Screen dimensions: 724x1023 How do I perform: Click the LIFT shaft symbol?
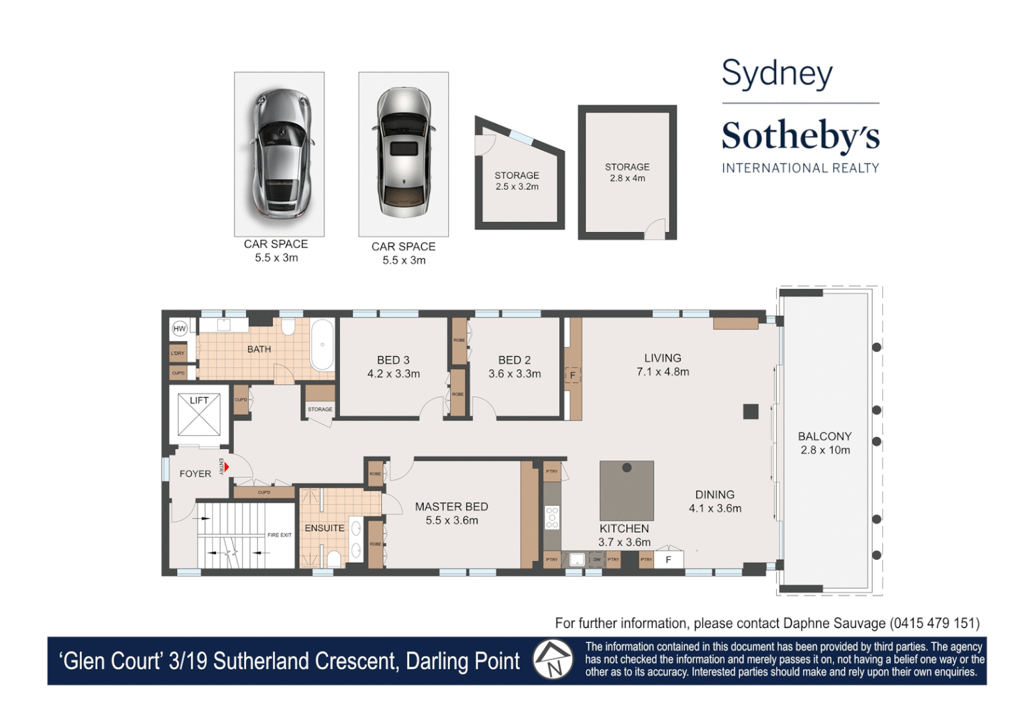199,415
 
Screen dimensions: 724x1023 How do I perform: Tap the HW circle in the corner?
180,328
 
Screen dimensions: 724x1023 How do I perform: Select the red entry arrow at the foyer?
227,467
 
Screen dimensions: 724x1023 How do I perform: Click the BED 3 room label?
393,360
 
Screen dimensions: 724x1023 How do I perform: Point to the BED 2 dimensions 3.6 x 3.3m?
515,374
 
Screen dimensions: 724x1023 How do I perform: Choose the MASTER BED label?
451,507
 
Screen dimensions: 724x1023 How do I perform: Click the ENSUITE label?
325,528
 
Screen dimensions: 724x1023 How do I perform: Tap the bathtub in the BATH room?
323,345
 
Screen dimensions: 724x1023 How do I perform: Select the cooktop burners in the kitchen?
552,518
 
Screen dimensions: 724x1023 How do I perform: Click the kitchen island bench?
627,489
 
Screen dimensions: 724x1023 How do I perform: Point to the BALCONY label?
824,436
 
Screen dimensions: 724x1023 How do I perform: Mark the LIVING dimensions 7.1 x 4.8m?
663,372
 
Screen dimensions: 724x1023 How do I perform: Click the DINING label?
714,495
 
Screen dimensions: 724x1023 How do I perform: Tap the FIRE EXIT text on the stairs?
279,535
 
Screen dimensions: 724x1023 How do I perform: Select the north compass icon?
553,660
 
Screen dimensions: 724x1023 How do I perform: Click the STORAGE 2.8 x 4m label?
627,172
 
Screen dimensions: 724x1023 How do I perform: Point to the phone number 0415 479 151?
934,623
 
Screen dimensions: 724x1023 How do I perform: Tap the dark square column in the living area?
751,412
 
